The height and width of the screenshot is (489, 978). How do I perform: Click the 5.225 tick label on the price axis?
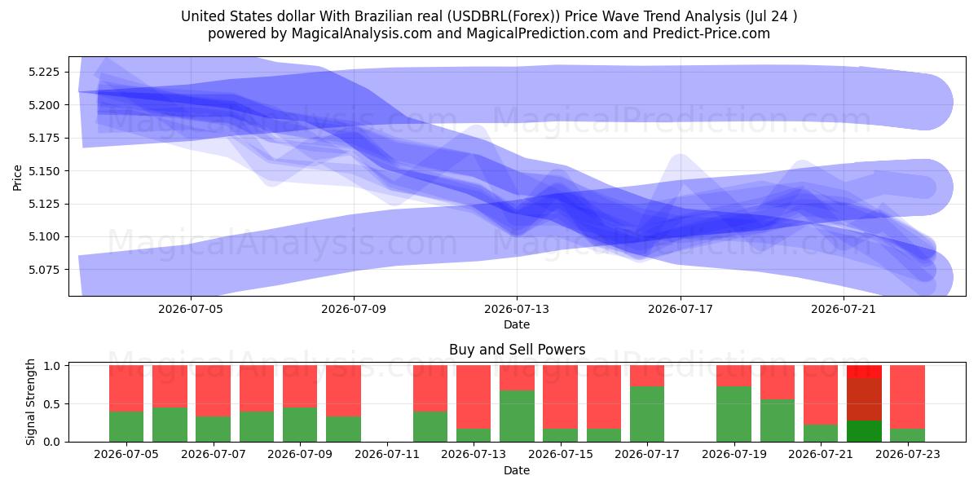click(44, 72)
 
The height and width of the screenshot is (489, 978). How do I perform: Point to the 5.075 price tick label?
click(44, 270)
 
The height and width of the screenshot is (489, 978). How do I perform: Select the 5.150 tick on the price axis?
click(44, 171)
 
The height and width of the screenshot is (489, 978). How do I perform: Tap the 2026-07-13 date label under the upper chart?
click(517, 309)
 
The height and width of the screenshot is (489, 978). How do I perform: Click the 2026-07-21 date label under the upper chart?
click(844, 309)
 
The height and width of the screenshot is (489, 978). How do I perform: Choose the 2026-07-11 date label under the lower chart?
click(387, 455)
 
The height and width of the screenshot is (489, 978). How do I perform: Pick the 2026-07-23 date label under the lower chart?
click(908, 455)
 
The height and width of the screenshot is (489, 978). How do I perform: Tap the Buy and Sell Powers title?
click(517, 350)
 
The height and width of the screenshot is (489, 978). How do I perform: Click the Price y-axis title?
click(17, 178)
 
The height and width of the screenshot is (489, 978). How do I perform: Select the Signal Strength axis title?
click(30, 402)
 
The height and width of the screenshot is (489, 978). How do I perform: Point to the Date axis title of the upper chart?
click(517, 324)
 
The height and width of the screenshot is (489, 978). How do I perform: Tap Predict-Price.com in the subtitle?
click(711, 33)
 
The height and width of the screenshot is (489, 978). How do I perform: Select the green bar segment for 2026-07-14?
click(517, 416)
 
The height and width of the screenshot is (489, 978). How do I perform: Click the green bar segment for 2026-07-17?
click(647, 414)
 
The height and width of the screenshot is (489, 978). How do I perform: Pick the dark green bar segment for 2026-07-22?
click(864, 431)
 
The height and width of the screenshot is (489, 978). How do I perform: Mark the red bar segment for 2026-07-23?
click(907, 397)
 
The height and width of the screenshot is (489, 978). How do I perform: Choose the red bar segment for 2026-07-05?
click(126, 389)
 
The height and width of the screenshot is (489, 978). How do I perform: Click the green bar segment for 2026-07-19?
click(734, 414)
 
